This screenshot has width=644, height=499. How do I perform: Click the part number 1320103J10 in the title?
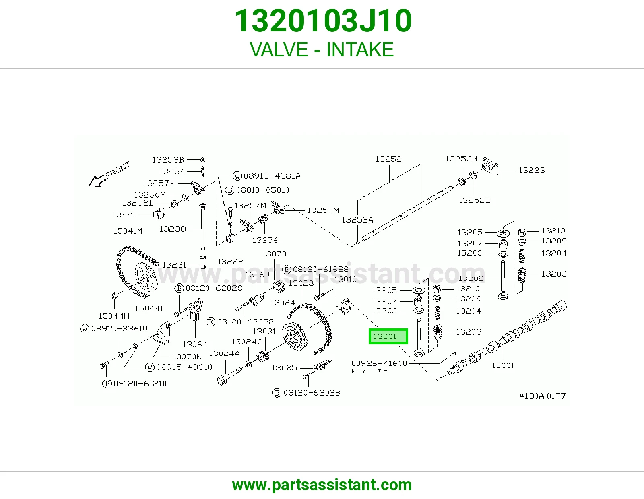[x=323, y=21]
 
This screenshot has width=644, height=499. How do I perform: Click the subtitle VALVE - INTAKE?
[x=322, y=49]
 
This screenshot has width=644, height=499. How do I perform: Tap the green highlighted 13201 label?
[x=388, y=336]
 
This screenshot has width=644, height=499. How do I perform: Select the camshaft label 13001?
[x=503, y=365]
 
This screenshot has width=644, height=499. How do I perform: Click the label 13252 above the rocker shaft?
[x=388, y=159]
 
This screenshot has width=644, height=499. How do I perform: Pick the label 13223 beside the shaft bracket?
[x=532, y=170]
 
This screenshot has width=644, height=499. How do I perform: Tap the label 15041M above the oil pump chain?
[x=128, y=231]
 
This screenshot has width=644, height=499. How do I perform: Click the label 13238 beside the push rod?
[x=173, y=229]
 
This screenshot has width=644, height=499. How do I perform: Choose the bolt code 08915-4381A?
[x=272, y=176]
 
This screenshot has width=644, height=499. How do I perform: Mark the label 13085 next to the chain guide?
[x=284, y=367]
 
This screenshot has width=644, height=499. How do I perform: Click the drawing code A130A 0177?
[x=542, y=396]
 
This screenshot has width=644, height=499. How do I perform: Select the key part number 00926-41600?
[x=379, y=363]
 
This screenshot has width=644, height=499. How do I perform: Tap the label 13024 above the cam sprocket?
[x=283, y=302]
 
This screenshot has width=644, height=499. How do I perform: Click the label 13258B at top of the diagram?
[x=168, y=160]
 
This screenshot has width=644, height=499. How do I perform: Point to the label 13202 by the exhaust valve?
[x=471, y=278]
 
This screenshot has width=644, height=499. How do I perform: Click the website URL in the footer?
[x=322, y=485]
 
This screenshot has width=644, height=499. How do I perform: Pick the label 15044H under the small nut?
[x=114, y=316]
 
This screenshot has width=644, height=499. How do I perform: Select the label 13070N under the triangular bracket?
[x=187, y=357]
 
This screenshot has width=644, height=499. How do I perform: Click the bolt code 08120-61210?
[x=140, y=384]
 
